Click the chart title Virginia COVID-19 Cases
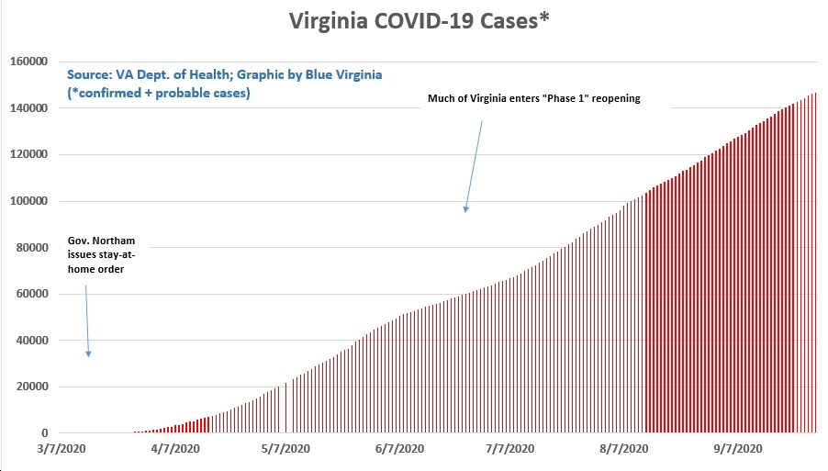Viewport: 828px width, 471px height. tap(420, 21)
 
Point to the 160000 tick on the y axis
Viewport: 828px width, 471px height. tap(29, 62)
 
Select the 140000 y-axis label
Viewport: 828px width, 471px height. tap(29, 107)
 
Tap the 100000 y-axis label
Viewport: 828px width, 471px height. tap(29, 201)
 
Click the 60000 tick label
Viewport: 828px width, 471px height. tap(32, 294)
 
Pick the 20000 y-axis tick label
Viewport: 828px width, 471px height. tap(32, 387)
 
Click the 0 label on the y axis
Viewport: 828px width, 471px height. tap(45, 433)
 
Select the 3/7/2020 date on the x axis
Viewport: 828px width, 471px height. tap(62, 449)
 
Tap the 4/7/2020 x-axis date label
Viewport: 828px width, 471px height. tap(175, 449)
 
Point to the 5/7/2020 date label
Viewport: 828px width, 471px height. tap(285, 449)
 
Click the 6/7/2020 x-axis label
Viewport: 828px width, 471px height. tap(399, 449)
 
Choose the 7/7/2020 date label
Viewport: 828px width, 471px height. tap(510, 449)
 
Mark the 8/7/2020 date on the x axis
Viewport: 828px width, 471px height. tap(624, 449)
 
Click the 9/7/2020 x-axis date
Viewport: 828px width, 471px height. tap(738, 449)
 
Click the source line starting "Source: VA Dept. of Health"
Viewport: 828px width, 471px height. tap(224, 74)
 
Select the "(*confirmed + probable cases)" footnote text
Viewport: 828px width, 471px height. tap(159, 93)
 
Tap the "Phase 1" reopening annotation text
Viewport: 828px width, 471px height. tap(534, 98)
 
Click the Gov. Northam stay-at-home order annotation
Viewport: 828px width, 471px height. tap(101, 254)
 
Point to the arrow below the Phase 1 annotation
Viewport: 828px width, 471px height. tap(474, 166)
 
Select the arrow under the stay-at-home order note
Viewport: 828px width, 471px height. tap(87, 321)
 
